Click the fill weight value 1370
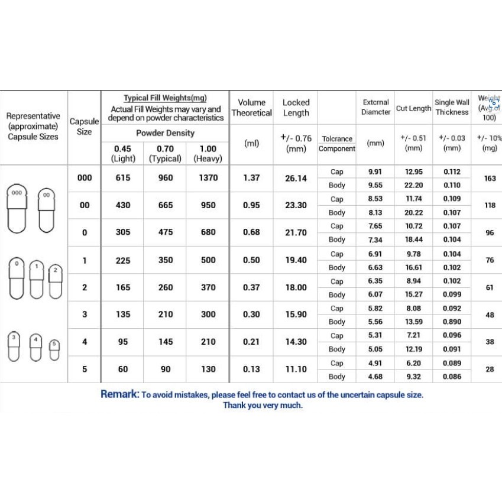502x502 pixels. [x=208, y=178]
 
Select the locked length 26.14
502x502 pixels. [x=296, y=178]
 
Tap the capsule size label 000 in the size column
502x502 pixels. [x=85, y=178]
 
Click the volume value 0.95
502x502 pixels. [x=251, y=205]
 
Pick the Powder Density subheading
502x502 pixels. [x=166, y=133]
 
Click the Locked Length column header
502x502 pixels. [x=296, y=108]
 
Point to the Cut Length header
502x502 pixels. [x=413, y=108]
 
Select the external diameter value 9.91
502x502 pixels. [x=375, y=172]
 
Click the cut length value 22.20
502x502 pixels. [x=414, y=185]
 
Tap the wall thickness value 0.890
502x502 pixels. [x=452, y=322]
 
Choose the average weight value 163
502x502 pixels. [x=490, y=178]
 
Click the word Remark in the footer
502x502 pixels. [x=120, y=394]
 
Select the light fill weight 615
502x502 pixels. [x=123, y=178]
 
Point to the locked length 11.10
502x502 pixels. [x=296, y=369]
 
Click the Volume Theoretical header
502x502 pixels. [x=251, y=108]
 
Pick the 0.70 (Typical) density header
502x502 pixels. [x=166, y=154]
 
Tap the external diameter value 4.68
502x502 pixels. [x=375, y=377]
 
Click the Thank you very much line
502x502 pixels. [x=263, y=406]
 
